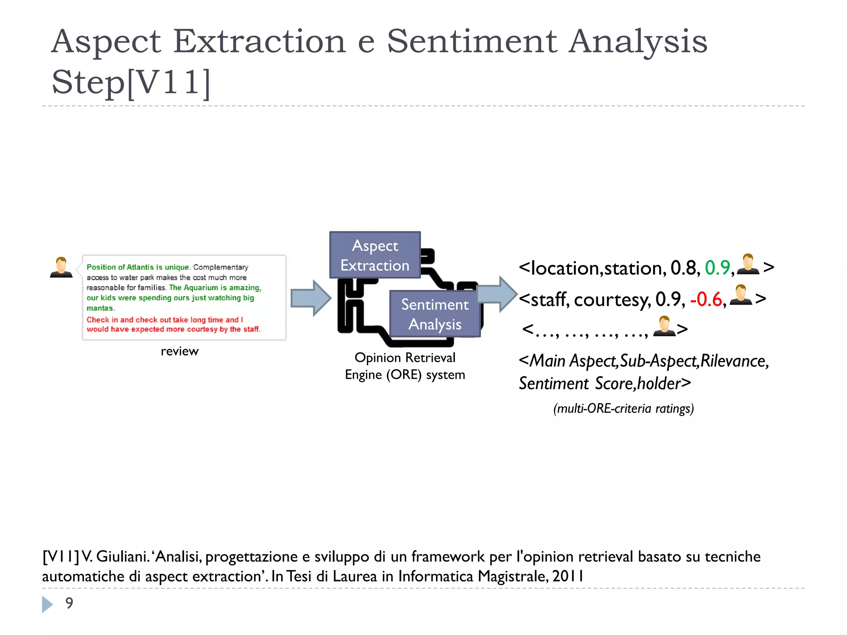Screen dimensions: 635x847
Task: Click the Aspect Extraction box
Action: (x=375, y=255)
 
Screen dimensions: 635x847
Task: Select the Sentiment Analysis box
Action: (x=435, y=314)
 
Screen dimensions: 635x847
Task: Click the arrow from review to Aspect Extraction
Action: (x=311, y=298)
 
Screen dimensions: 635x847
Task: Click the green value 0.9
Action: (x=718, y=268)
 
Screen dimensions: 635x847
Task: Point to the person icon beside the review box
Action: (x=61, y=267)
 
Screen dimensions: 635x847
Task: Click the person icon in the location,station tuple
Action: (x=748, y=265)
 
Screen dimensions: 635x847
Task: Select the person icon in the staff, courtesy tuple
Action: (x=741, y=295)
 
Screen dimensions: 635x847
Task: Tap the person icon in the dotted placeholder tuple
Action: (x=664, y=326)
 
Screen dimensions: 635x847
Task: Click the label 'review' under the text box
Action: (x=179, y=351)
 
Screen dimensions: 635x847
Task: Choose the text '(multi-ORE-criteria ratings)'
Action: (x=623, y=408)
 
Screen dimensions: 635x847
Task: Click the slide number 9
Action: (x=69, y=603)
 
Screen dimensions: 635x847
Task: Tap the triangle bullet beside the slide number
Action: (x=47, y=604)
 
